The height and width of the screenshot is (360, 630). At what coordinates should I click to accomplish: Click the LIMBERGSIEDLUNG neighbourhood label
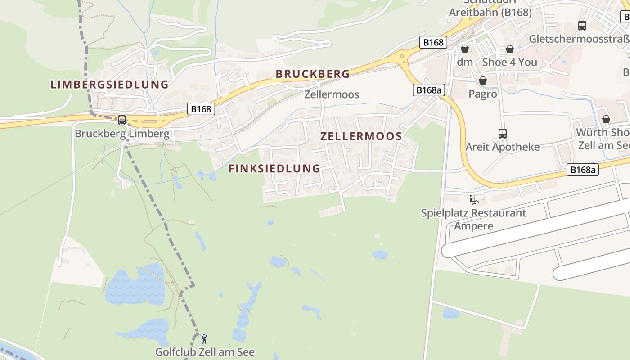point(109,84)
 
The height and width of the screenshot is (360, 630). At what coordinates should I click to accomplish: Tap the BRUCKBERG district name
point(312,74)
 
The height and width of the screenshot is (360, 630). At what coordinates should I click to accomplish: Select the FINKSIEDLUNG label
point(274,169)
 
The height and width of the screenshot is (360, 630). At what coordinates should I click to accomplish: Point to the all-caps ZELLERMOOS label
point(361,136)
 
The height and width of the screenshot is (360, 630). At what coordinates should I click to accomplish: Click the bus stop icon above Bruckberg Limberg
point(122,120)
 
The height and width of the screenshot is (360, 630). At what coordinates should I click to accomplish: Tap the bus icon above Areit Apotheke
point(503,134)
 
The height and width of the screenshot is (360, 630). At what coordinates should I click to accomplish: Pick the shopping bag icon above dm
point(464,49)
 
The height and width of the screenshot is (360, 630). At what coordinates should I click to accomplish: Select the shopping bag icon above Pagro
point(482,81)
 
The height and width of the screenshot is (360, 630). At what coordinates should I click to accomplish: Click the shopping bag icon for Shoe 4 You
point(509,49)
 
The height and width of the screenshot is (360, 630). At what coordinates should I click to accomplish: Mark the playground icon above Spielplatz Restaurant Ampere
point(473,199)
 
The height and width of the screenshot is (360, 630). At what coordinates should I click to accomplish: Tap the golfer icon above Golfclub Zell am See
point(204,338)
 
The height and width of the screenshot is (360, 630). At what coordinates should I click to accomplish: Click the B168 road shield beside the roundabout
point(433,42)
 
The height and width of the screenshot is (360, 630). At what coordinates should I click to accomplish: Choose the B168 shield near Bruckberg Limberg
point(200,108)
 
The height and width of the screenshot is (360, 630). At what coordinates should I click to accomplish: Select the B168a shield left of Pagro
point(428,90)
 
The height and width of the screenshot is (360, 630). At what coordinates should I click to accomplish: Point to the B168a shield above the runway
point(582,170)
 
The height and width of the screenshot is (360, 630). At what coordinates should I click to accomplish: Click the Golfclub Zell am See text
point(205,352)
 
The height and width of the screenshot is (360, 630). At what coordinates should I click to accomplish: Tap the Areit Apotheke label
point(502,147)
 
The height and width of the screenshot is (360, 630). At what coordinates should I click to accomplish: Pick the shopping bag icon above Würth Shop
point(606,119)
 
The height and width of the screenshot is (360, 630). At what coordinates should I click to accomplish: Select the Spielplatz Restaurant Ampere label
point(473,219)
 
